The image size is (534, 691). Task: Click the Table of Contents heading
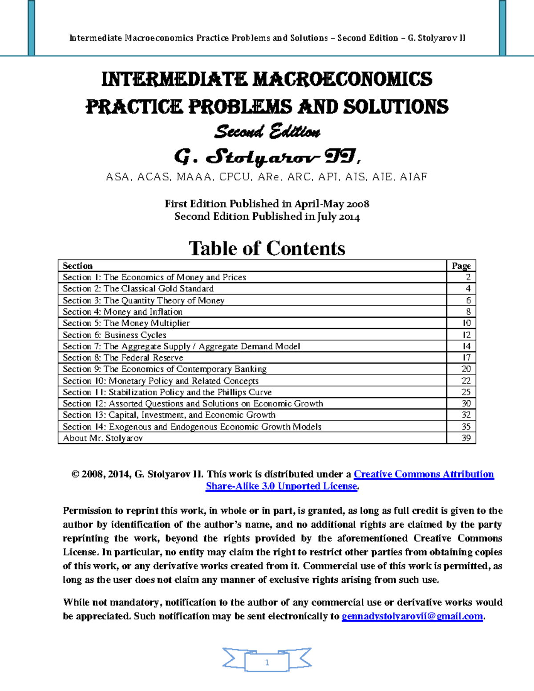click(x=267, y=248)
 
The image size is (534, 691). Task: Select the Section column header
click(x=77, y=266)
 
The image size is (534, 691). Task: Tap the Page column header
click(x=461, y=266)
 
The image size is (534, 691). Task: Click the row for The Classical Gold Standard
click(x=138, y=289)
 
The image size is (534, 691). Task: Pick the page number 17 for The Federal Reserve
click(x=466, y=358)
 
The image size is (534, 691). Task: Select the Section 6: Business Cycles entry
click(x=114, y=335)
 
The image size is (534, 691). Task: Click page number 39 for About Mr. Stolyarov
click(x=466, y=438)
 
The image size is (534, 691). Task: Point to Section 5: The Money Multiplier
click(x=126, y=323)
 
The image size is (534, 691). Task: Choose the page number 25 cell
click(x=466, y=392)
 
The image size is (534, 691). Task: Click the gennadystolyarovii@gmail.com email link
click(x=412, y=616)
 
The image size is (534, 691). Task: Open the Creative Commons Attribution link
click(x=423, y=474)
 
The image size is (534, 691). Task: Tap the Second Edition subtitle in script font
click(x=267, y=132)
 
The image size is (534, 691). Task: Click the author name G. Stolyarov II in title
click(x=267, y=157)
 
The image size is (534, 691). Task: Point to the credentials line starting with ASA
click(x=267, y=177)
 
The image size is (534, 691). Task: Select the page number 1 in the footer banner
click(x=267, y=663)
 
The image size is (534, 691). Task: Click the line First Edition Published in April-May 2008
click(x=267, y=204)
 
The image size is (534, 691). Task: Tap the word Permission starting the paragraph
click(x=88, y=511)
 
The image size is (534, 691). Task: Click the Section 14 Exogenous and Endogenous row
click(x=192, y=427)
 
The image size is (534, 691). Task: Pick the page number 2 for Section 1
click(x=468, y=277)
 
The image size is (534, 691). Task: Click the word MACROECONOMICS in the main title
click(x=342, y=80)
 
